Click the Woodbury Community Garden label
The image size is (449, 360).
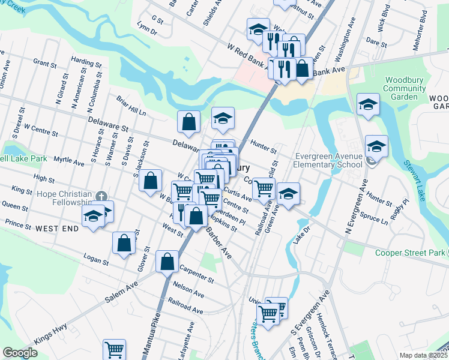click(405, 88)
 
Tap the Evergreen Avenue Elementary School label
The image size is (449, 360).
click(328, 161)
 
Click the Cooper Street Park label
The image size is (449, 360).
click(410, 253)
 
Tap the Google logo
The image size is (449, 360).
click(20, 353)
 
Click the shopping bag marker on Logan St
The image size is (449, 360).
click(124, 243)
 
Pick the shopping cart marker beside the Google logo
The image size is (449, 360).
click(114, 349)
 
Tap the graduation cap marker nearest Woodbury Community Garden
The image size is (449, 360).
click(368, 104)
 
